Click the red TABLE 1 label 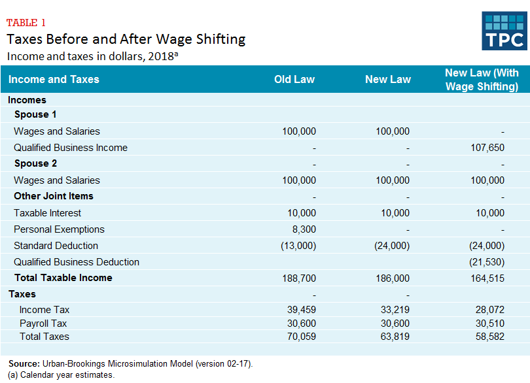[26, 23]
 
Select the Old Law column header [294, 80]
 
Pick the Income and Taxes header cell [54, 80]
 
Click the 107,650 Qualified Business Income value [487, 148]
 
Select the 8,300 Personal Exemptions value [304, 229]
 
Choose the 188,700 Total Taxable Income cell [299, 278]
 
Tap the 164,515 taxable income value [487, 278]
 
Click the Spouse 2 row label [35, 163]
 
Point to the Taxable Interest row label [47, 213]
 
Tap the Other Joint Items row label [54, 196]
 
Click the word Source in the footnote [24, 363]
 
